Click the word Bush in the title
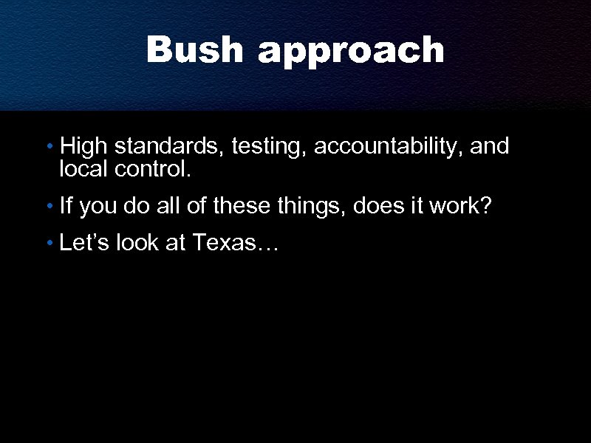pos(195,50)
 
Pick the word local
pos(84,170)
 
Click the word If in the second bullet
pos(66,205)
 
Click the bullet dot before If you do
pos(49,207)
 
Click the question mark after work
pos(485,205)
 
